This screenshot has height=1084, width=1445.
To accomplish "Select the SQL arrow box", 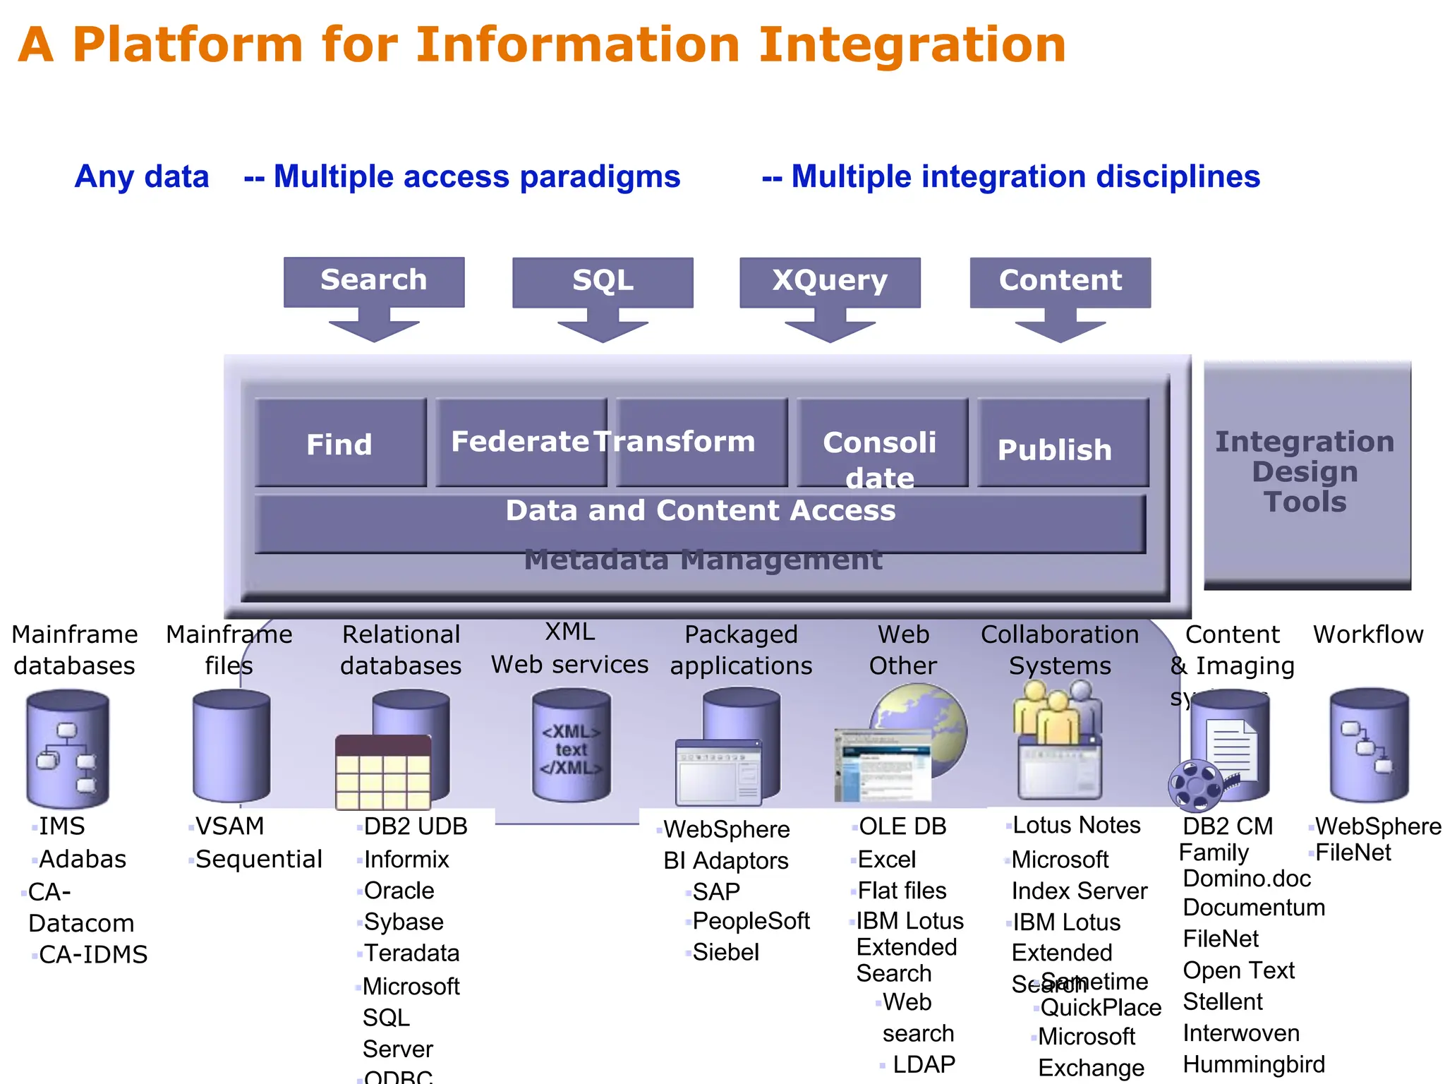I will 603,282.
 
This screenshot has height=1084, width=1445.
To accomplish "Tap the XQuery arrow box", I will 830,282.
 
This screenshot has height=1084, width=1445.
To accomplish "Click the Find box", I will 340,444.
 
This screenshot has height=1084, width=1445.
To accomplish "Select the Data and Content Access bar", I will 700,522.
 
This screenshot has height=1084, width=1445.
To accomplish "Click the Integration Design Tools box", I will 1306,473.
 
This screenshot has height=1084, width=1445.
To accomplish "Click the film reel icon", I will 1196,785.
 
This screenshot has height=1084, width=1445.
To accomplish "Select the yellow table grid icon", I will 383,773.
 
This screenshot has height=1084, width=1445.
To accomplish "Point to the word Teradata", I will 411,953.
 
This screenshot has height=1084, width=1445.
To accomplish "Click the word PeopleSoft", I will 751,921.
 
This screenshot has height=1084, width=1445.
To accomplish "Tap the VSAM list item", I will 229,826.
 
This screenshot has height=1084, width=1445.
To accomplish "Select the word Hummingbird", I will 1254,1064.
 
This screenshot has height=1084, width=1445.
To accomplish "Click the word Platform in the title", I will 188,45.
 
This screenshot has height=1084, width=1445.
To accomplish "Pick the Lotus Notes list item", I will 1076,826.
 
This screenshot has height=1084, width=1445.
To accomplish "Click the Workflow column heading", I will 1367,634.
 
